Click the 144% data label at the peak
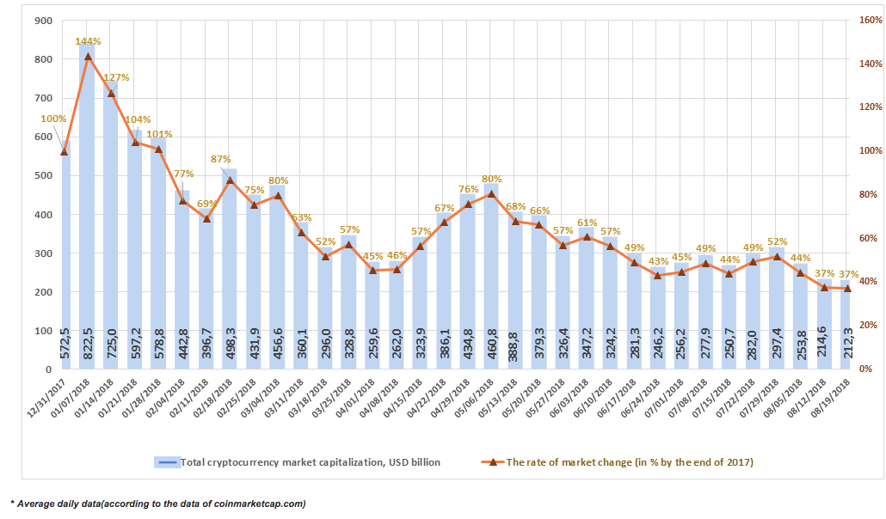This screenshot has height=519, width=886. coord(88,41)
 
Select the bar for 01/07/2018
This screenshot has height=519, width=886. coord(88,207)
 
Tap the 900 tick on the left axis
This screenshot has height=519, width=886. coord(44,21)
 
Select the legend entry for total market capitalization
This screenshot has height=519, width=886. coord(298,462)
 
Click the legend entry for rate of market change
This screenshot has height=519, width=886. coord(618,462)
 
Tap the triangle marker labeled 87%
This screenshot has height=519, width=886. coord(230,180)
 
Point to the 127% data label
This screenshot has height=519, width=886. coord(117,77)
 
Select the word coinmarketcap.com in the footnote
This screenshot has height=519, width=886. coord(260,504)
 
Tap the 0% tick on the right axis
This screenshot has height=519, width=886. coord(865,369)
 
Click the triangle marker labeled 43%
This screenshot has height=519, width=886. coord(657,275)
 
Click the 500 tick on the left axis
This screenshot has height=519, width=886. coord(44,175)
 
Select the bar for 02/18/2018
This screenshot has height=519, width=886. coord(230,269)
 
